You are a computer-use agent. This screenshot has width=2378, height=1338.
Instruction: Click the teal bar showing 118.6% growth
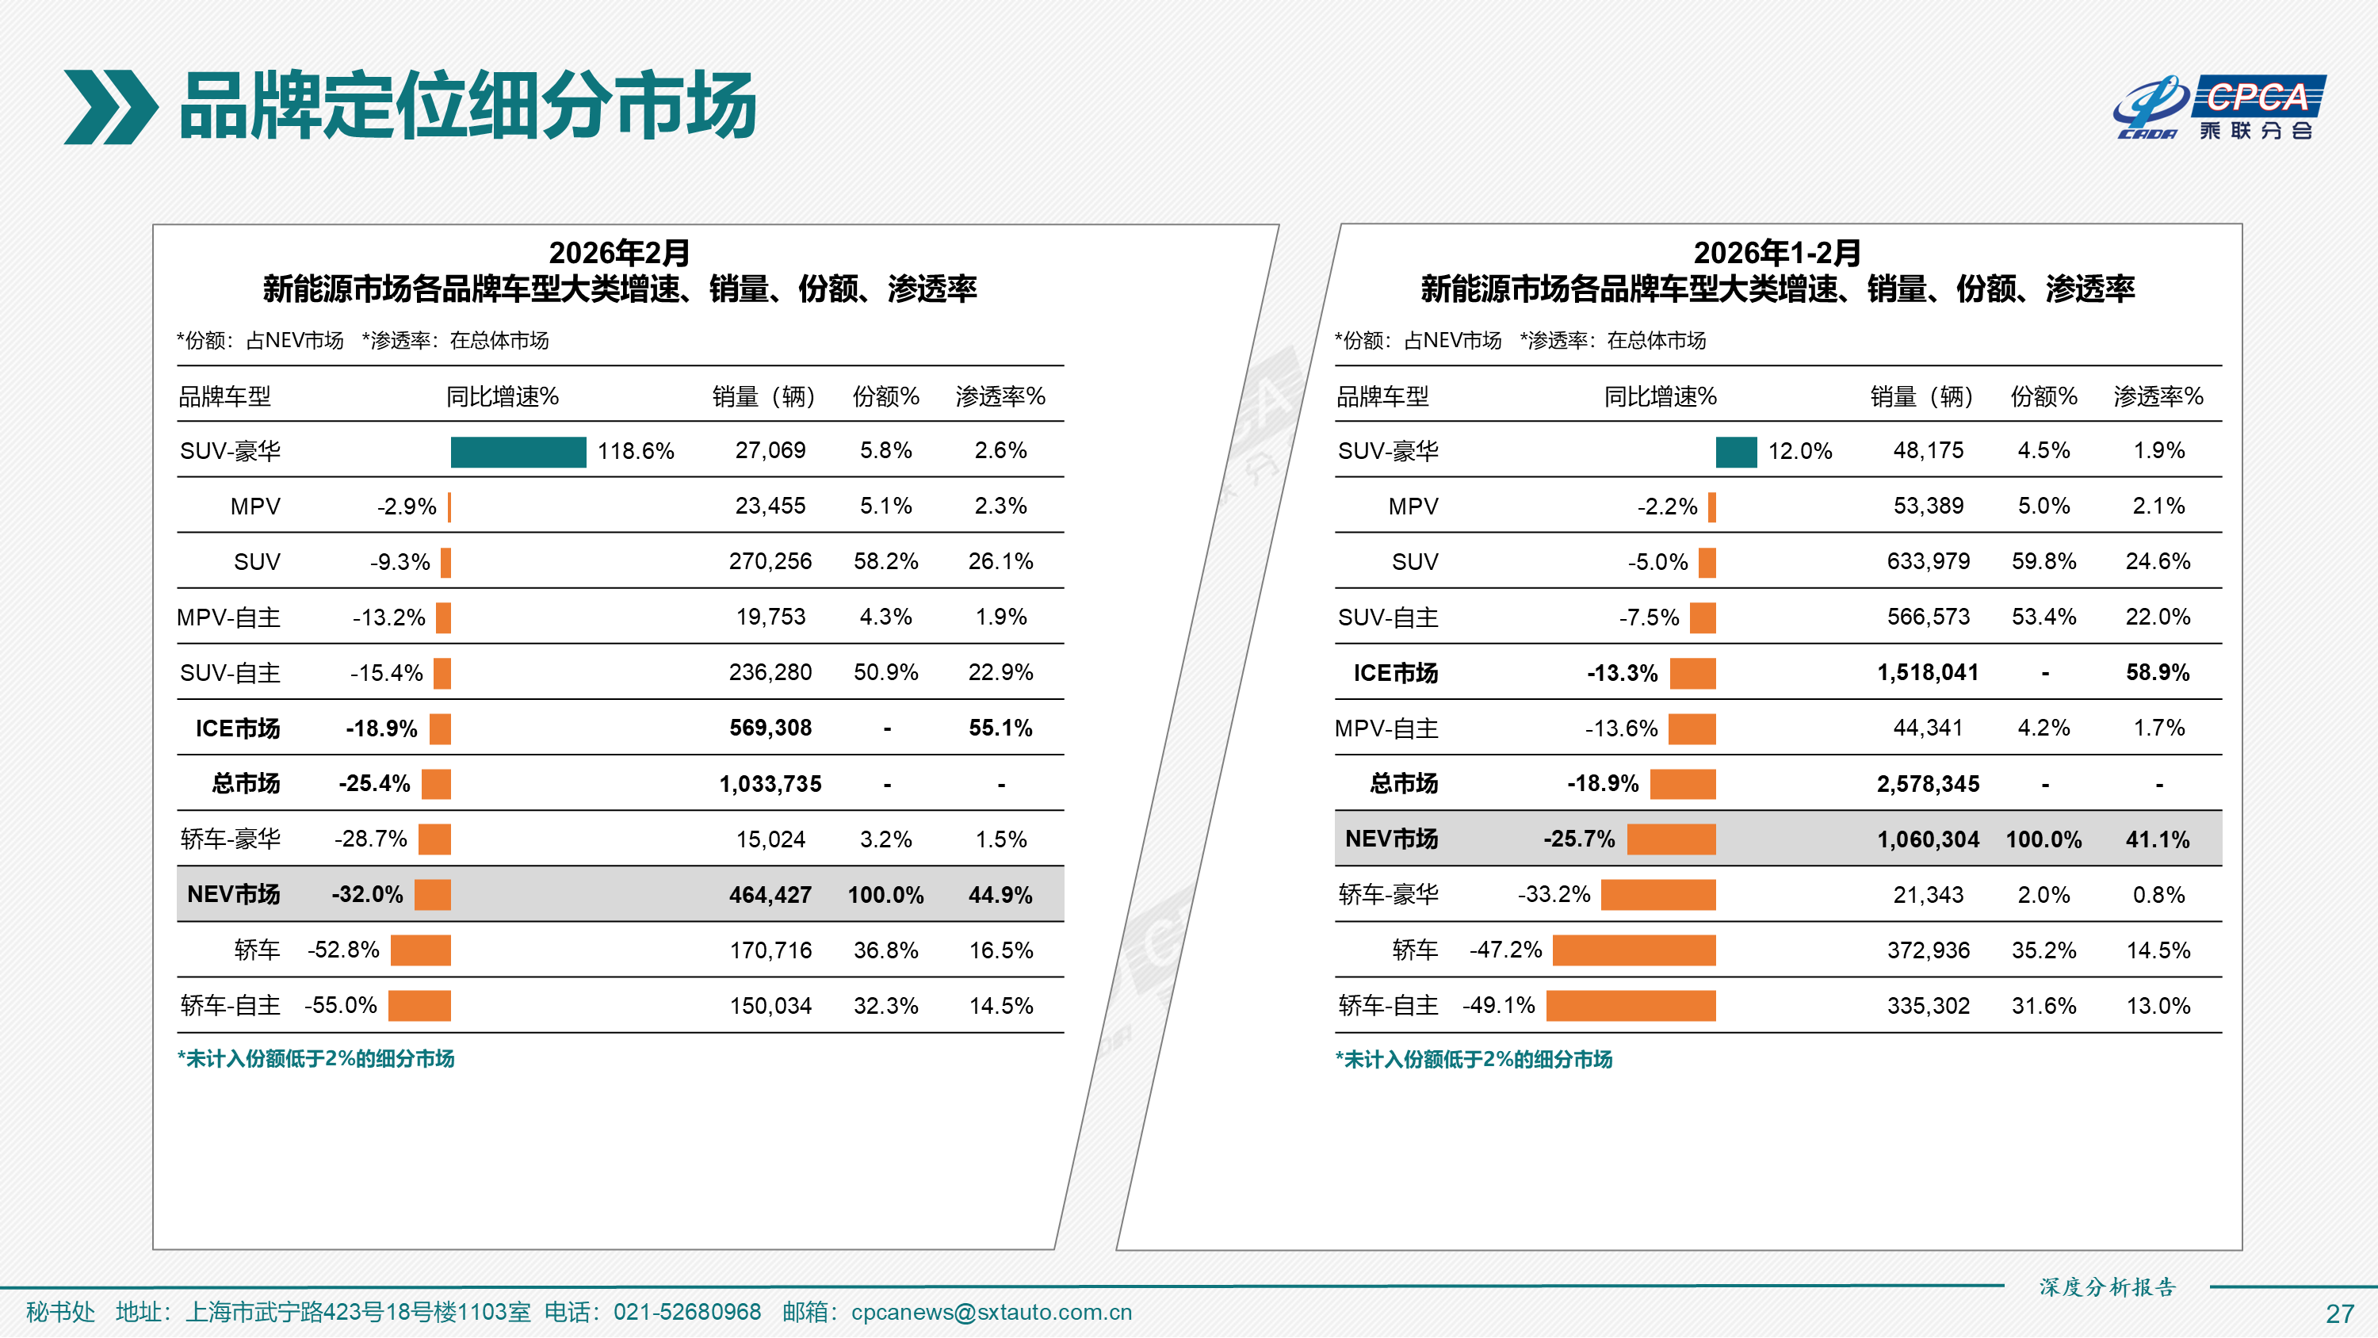coord(518,452)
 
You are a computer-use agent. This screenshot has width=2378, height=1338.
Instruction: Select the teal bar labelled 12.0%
coord(1735,452)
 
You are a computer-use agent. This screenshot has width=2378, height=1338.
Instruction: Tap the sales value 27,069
coord(770,450)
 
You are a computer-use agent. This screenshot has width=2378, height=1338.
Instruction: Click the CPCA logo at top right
coord(2220,107)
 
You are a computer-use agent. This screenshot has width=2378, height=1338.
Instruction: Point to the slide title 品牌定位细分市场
coord(468,106)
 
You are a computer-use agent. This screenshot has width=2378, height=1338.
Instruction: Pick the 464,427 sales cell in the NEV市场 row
coord(770,895)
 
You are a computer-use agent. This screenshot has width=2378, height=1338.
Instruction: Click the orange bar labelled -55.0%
coord(419,1006)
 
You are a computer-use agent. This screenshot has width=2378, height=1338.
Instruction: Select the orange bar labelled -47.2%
coord(1633,950)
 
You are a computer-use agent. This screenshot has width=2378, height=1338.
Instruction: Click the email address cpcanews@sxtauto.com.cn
coord(991,1312)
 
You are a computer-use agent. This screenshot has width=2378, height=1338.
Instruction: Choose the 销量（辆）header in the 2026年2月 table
coord(763,397)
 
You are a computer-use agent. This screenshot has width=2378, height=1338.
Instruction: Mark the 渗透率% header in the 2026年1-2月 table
coord(2158,397)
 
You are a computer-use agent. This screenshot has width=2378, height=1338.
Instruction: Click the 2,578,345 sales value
coord(1928,784)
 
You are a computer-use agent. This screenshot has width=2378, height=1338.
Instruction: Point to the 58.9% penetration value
coord(2158,672)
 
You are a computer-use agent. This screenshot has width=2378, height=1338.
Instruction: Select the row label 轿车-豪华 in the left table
coord(230,839)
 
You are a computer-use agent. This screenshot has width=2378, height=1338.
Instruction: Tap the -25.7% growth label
coord(1578,839)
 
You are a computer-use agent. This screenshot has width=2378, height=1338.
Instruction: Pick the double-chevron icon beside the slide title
coord(110,107)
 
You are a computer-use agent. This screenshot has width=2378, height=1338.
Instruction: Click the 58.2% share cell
coord(885,561)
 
